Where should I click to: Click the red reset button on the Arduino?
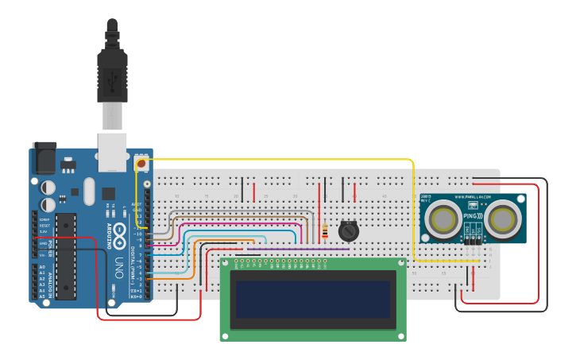click(143, 164)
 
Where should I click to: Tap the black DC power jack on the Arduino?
click(44, 158)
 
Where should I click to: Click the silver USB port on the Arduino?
click(112, 153)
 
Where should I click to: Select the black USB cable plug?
click(112, 75)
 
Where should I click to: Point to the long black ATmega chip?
click(66, 256)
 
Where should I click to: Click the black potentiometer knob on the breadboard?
click(348, 231)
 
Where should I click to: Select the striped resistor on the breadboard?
click(326, 232)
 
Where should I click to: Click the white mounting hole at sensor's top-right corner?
click(520, 198)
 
